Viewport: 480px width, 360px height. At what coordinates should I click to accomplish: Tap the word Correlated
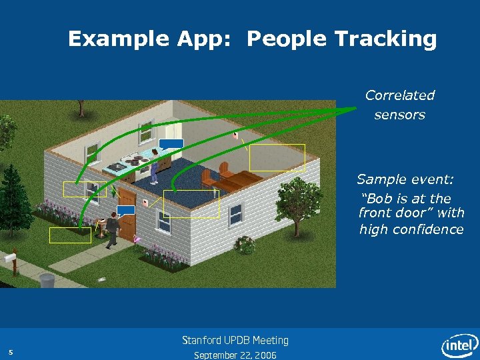[x=399, y=95]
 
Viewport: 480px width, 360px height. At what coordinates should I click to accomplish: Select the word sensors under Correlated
[x=399, y=115]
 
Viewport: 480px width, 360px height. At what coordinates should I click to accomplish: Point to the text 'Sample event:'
[x=405, y=179]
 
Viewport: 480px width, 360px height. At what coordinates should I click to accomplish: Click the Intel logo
[x=460, y=345]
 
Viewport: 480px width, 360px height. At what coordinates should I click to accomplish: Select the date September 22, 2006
[x=235, y=355]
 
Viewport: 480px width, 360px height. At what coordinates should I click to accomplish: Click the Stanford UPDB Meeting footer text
[x=235, y=341]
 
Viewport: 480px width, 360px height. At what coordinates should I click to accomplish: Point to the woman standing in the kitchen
[x=155, y=165]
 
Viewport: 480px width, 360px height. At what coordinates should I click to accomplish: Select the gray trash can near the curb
[x=47, y=280]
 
